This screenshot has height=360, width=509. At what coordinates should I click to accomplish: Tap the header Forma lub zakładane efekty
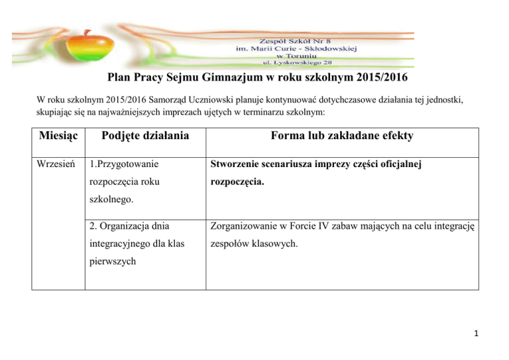pos(341,136)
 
